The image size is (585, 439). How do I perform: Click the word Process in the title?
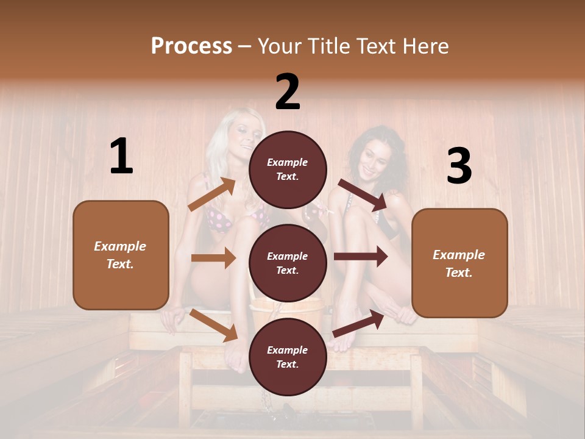click(x=191, y=46)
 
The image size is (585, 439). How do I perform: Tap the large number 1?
click(x=121, y=157)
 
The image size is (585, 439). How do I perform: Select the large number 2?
click(x=288, y=92)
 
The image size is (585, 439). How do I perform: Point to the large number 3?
click(x=459, y=166)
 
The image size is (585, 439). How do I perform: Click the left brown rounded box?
click(x=121, y=255)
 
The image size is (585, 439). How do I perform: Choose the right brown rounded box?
click(x=459, y=263)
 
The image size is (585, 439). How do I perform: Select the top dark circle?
click(x=288, y=170)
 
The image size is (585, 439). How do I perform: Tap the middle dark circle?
click(x=288, y=263)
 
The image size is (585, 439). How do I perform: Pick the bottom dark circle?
click(x=288, y=357)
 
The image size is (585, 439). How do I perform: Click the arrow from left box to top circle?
click(x=213, y=195)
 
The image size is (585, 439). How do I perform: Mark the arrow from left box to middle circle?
click(x=213, y=258)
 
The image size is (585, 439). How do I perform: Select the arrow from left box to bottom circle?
click(x=214, y=325)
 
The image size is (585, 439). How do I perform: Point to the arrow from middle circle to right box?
click(x=361, y=257)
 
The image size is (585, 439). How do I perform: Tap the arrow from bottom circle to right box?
click(x=358, y=323)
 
